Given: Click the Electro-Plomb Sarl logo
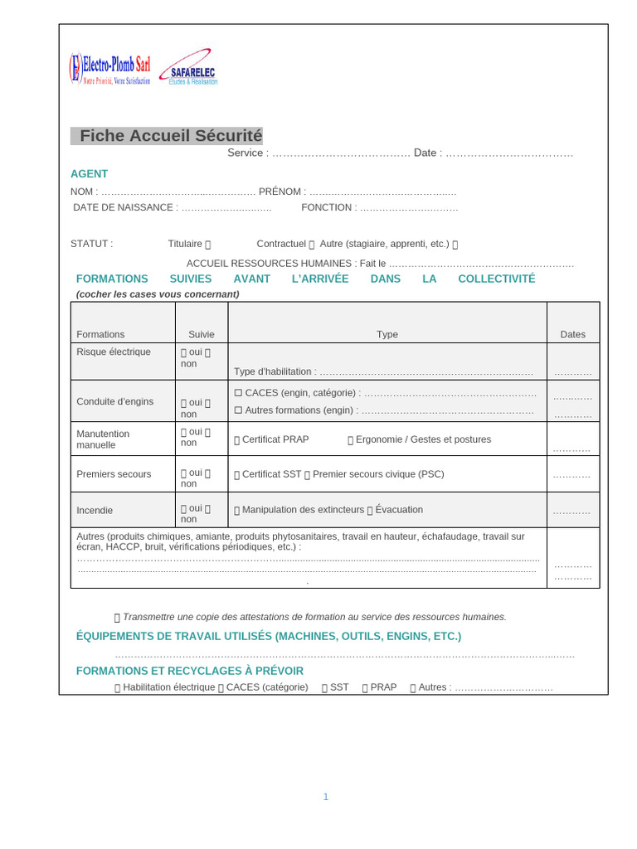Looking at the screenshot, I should point(110,68).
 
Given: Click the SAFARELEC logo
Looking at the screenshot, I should point(190,68).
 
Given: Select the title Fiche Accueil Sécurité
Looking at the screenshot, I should point(170,136).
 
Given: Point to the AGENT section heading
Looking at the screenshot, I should point(89,174).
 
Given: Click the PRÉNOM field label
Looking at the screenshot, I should point(282,192).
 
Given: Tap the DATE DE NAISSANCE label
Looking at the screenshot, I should point(125,207).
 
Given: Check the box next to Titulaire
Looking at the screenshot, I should point(208,245).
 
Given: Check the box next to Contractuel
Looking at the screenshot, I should point(312,245).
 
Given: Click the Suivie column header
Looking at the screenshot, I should point(201,334).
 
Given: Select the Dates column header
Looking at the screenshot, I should point(572,334).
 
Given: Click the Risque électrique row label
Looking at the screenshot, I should point(114,352).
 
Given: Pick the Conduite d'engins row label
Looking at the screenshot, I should point(114,401).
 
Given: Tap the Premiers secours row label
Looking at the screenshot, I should point(114,474).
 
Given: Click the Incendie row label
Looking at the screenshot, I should point(95,510).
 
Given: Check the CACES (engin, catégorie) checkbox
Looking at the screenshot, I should point(238,392).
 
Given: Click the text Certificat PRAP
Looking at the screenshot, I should point(275,439).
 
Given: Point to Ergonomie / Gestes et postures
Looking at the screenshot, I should point(423,439).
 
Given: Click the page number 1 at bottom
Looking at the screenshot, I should point(326,797).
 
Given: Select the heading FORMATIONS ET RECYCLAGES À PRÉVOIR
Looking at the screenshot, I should point(190,671).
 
